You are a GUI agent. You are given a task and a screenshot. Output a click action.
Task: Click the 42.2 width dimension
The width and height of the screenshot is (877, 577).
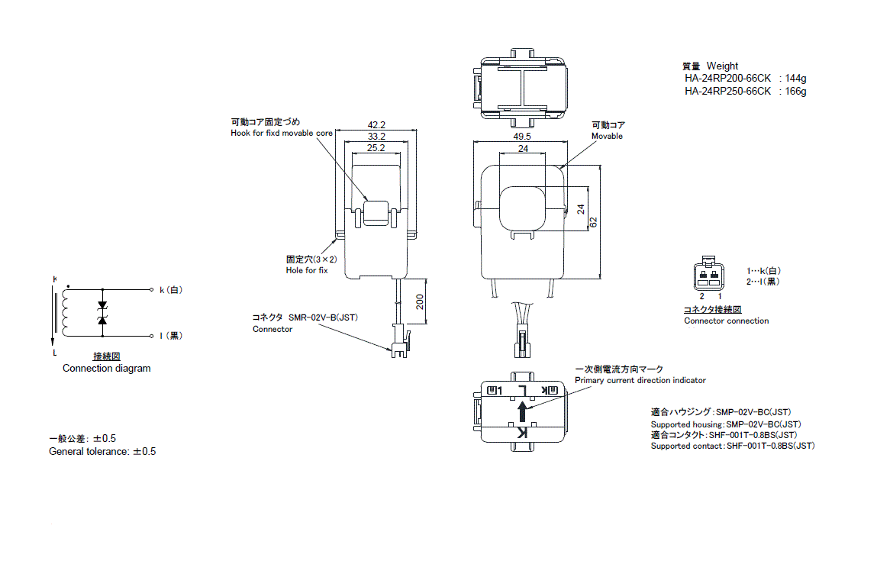376,124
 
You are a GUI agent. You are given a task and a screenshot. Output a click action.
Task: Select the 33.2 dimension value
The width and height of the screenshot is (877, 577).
376,136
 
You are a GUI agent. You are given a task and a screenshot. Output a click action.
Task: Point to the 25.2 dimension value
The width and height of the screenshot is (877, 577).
376,148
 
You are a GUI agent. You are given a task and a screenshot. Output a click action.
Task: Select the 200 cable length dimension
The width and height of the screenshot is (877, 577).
419,303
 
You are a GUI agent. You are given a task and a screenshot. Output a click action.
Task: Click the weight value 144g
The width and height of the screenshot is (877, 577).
795,79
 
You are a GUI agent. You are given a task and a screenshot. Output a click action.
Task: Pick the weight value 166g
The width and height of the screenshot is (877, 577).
795,92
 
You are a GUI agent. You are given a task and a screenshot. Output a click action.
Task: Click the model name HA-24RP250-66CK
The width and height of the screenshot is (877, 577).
727,92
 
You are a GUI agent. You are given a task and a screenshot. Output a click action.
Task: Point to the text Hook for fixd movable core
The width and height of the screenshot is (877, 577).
282,133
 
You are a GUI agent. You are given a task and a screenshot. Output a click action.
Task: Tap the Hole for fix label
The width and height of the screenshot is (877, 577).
307,271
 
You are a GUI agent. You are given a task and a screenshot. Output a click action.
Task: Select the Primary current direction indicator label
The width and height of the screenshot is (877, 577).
640,380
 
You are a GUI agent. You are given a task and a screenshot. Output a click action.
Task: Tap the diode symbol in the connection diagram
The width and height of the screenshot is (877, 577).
102,313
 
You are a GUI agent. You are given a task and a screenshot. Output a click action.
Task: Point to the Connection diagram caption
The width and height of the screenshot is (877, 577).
106,369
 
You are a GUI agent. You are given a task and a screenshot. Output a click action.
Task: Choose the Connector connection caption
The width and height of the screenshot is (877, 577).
726,321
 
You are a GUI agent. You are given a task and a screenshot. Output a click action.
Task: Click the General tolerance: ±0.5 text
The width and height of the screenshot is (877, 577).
102,451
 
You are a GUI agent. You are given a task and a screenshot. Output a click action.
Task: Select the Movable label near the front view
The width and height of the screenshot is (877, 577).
607,136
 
